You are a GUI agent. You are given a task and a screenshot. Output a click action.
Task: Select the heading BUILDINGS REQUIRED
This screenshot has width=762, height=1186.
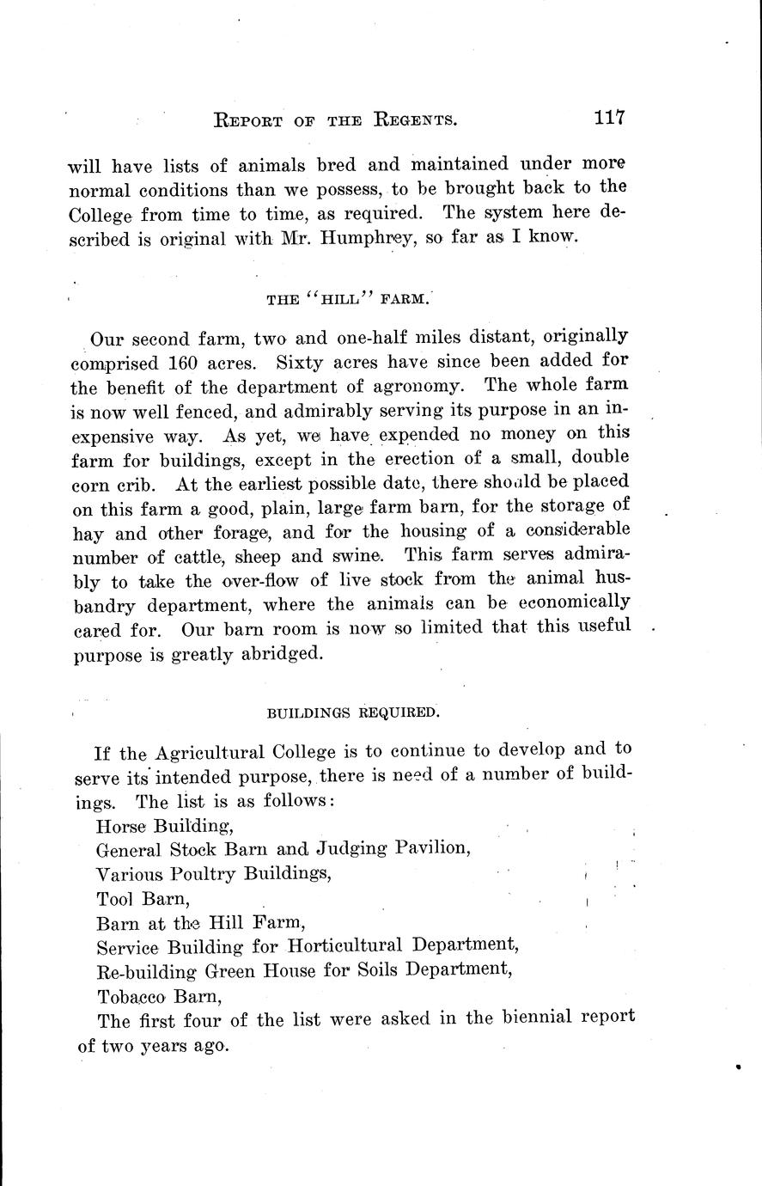click(353, 712)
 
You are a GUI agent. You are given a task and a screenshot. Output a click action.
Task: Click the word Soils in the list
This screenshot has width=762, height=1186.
click(398, 969)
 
